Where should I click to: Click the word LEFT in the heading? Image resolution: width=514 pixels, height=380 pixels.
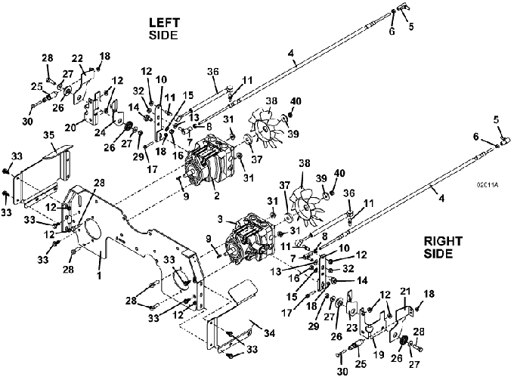[x=164, y=23]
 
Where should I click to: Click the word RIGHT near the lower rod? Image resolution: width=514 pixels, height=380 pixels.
[x=443, y=242]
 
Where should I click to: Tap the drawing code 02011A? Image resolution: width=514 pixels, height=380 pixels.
[x=488, y=185]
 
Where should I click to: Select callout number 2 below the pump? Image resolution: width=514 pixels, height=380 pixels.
[x=216, y=195]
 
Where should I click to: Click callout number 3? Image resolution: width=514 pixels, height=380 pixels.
[x=220, y=219]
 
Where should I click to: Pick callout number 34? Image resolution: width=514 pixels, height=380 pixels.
[x=269, y=333]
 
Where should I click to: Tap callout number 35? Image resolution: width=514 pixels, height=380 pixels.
[x=49, y=135]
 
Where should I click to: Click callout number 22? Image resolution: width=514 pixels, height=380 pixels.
[x=77, y=59]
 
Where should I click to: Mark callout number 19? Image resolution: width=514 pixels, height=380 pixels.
[x=379, y=354]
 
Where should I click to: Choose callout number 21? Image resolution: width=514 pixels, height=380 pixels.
[x=405, y=292]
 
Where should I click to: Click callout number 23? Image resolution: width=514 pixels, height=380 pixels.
[x=351, y=327]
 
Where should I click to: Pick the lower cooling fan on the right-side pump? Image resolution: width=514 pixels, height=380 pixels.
[x=304, y=206]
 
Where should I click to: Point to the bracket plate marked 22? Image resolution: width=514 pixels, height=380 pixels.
[x=83, y=87]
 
